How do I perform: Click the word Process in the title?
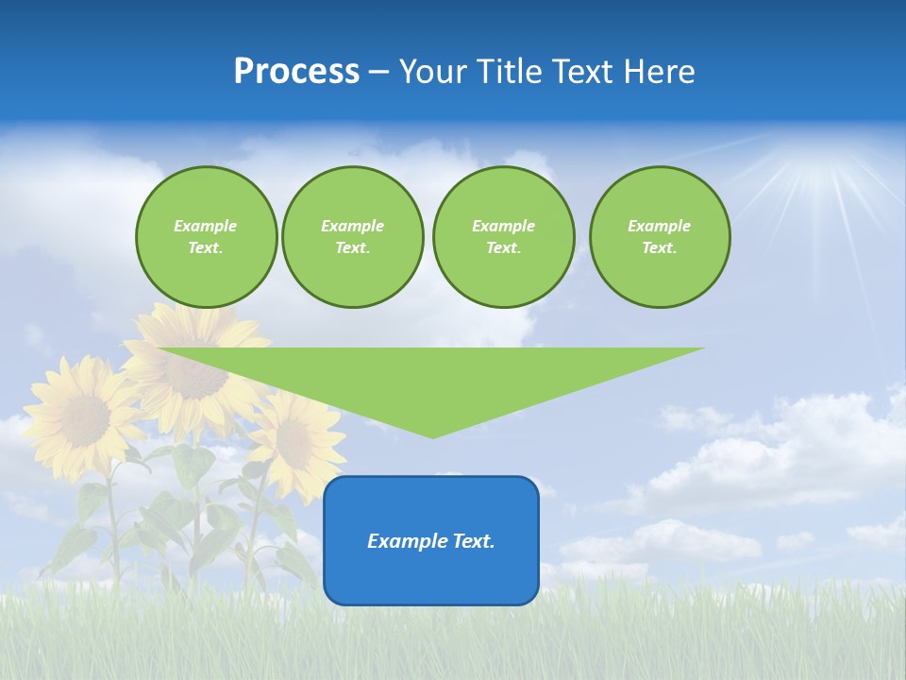click(296, 72)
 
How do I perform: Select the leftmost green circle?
click(206, 237)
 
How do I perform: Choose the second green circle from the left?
click(353, 237)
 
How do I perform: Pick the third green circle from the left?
click(503, 237)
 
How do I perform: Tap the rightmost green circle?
click(660, 237)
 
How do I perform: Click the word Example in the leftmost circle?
click(206, 226)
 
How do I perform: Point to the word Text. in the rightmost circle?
click(660, 248)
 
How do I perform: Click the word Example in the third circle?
click(503, 226)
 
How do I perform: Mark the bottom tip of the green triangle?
click(432, 435)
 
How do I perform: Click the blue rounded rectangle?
click(431, 540)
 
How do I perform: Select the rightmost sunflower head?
click(294, 437)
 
